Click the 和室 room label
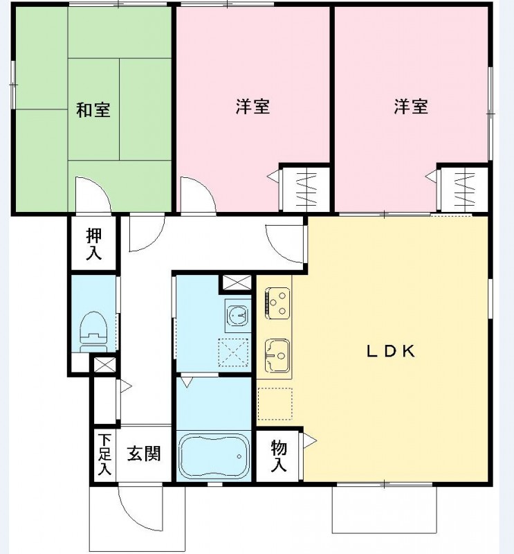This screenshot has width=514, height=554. point(93,109)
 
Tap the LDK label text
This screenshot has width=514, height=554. point(390,351)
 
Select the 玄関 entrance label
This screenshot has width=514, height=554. point(144,454)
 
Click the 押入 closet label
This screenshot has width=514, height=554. point(93,244)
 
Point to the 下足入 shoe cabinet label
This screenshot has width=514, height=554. point(104,454)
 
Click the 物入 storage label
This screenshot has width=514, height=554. point(278,456)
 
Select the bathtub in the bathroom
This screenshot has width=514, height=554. point(213,456)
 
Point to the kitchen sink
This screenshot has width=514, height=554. point(277,354)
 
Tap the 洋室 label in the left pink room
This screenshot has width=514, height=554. point(253,107)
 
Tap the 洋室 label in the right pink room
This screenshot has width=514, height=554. point(411,107)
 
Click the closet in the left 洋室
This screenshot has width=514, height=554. point(304,188)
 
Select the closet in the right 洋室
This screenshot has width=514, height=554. point(463,188)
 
